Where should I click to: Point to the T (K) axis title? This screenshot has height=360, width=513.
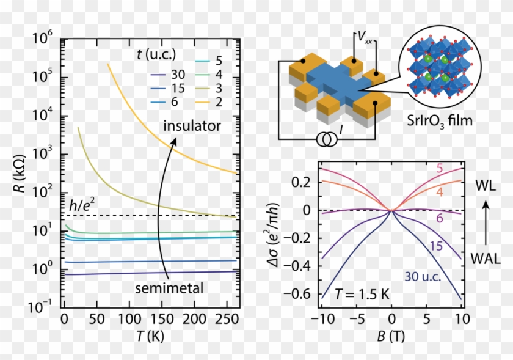pos(150,336)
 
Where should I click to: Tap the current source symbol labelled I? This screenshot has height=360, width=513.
pos(324,141)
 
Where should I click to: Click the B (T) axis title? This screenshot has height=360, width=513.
pos(391,337)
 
